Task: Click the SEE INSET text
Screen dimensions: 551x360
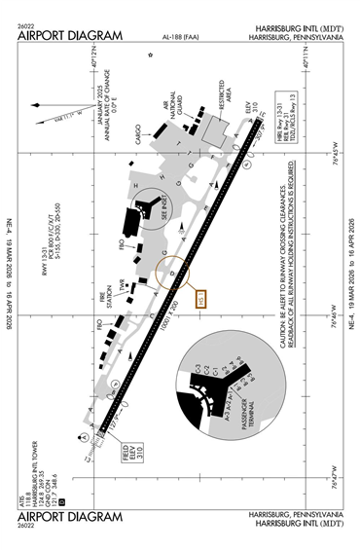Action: pos(162,203)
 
